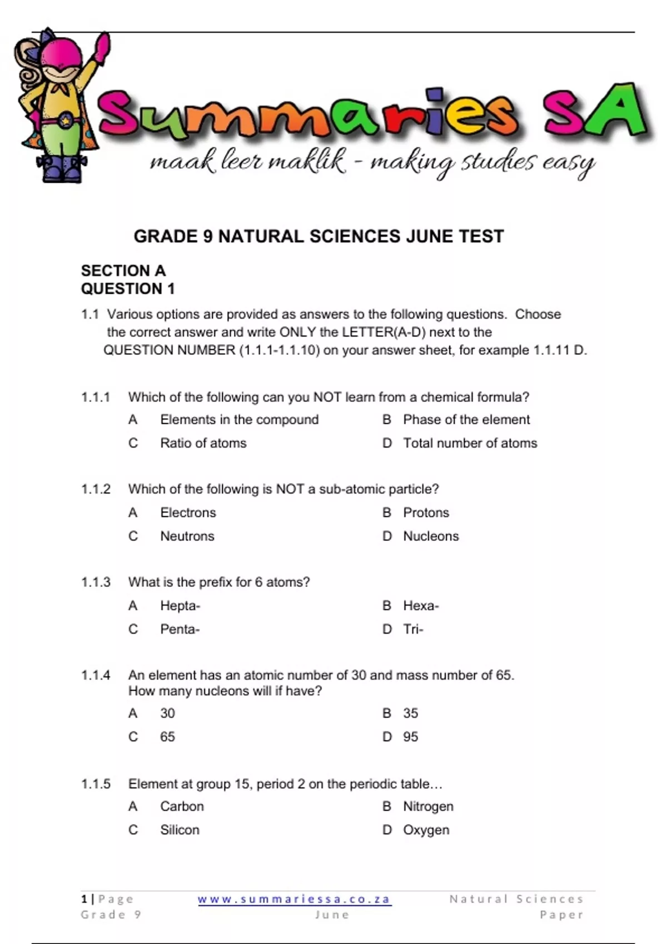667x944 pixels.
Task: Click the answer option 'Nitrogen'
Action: (x=428, y=806)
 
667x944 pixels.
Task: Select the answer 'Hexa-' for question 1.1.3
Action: (x=421, y=606)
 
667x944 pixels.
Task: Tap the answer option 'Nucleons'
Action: (x=431, y=536)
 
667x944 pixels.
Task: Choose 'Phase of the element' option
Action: (x=466, y=420)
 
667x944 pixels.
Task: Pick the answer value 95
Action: (x=411, y=737)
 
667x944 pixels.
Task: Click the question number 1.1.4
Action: (x=96, y=675)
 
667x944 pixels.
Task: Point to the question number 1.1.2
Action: (x=96, y=489)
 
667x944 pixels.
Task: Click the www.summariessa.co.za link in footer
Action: (x=295, y=899)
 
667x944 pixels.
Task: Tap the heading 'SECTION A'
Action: (x=123, y=271)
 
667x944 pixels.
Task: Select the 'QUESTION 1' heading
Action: (x=128, y=289)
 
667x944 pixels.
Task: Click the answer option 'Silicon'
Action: (x=180, y=830)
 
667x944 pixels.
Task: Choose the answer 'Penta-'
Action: (x=180, y=630)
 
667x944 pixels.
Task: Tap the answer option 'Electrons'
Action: (x=188, y=513)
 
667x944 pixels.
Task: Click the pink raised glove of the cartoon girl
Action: (x=102, y=47)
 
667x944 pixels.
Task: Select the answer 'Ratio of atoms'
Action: (x=203, y=443)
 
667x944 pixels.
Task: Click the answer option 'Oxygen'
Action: (x=426, y=830)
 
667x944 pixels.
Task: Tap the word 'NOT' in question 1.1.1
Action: (x=327, y=398)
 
